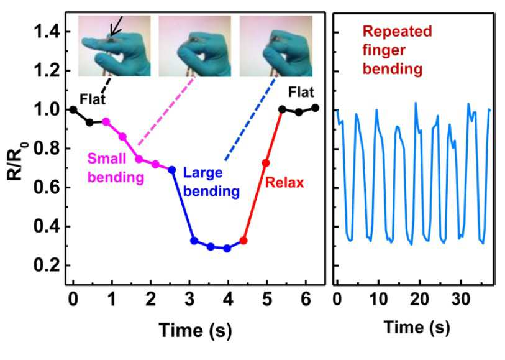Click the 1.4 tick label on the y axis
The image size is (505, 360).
47,32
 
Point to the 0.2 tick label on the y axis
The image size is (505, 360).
47,265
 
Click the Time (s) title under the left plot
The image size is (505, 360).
195,331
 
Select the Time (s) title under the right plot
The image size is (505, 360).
417,328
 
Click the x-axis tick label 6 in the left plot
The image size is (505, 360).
306,300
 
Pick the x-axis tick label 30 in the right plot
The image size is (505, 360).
460,300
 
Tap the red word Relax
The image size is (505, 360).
284,183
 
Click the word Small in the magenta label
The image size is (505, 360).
107,159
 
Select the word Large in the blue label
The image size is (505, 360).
203,173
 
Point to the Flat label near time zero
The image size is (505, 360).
93,99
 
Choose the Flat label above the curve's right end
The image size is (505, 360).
301,92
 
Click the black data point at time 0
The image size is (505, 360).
73,109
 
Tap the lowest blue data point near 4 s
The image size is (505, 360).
227,249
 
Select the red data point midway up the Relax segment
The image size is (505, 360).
266,163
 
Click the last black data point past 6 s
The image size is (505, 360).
316,108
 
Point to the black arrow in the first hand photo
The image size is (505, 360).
116,25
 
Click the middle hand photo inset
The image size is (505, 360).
195,46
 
